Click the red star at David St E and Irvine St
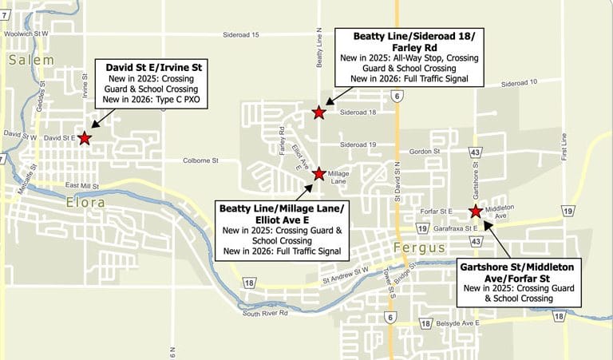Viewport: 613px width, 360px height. pyautogui.click(x=85, y=137)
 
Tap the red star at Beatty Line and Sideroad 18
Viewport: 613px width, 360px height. pyautogui.click(x=319, y=113)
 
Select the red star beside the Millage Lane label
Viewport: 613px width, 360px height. pyautogui.click(x=319, y=173)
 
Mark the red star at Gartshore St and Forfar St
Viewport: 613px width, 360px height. pyautogui.click(x=476, y=212)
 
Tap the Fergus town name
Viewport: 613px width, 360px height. pyautogui.click(x=419, y=248)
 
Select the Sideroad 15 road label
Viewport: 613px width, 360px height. pyautogui.click(x=243, y=35)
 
